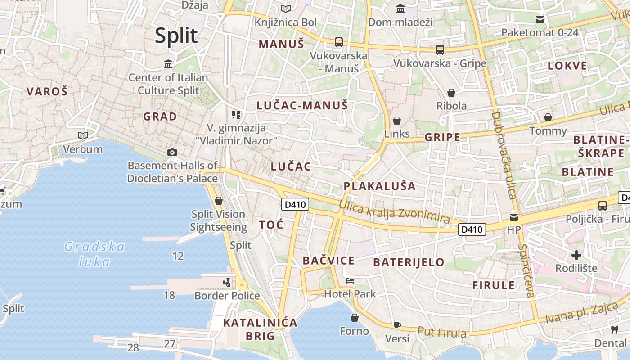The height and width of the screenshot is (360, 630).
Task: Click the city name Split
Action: (176, 36)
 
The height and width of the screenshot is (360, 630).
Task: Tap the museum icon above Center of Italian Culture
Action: (168, 64)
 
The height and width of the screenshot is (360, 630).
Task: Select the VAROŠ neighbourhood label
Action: (47, 92)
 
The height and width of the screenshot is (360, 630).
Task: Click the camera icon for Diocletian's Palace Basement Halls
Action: (172, 153)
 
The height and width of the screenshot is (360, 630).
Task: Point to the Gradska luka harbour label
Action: (94, 254)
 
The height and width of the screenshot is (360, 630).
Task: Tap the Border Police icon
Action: (227, 283)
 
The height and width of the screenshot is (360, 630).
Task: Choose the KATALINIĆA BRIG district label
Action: (261, 329)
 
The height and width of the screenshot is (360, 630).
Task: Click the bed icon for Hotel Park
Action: (350, 281)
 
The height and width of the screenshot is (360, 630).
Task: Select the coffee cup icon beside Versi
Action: (397, 325)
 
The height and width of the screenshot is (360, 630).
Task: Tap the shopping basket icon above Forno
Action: (355, 318)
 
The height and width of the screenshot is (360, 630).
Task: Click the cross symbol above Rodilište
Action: (576, 256)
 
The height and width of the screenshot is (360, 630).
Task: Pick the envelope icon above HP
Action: (513, 217)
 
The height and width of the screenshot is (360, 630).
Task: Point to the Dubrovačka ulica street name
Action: (503, 155)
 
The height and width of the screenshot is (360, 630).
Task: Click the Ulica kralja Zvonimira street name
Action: (394, 212)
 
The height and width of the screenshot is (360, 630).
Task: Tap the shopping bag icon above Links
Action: (397, 121)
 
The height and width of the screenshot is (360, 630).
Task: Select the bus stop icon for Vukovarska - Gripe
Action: (440, 50)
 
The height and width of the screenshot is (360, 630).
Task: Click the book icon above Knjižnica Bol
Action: (286, 9)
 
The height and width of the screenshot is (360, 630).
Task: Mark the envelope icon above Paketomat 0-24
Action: (540, 19)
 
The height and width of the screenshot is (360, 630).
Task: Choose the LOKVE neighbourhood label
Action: (567, 66)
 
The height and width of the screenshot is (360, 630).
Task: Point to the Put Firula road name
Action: (441, 333)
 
